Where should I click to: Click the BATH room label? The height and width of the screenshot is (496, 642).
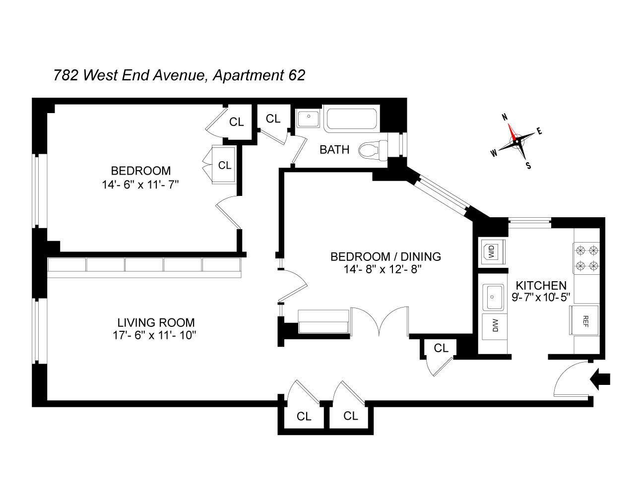(334, 150)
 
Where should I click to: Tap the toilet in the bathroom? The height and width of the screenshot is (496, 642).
(373, 150)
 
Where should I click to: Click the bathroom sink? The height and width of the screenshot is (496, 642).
(309, 119)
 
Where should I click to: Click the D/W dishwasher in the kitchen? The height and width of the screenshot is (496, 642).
(495, 325)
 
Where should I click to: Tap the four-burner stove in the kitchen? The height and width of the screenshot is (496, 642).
(587, 258)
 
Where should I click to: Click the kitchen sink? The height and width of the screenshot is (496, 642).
(493, 297)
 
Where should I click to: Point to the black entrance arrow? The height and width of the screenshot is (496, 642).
(600, 379)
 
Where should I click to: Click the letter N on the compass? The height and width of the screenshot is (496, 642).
(505, 117)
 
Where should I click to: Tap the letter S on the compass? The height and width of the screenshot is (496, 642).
(528, 166)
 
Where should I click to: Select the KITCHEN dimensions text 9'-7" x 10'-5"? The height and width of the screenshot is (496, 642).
(541, 297)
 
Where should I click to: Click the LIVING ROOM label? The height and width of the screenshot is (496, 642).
(156, 322)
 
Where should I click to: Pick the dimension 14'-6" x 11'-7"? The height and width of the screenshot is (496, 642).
(140, 185)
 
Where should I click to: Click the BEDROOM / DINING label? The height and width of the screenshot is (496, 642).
(386, 256)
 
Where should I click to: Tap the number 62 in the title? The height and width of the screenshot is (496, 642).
(296, 75)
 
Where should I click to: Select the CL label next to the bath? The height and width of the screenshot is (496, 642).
(273, 119)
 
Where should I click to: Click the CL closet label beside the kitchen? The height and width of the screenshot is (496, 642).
(441, 348)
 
